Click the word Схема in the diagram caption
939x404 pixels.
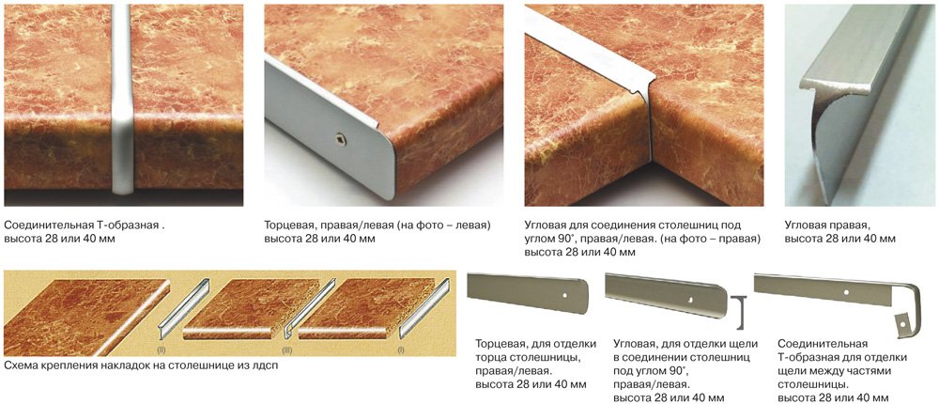tap(21, 365)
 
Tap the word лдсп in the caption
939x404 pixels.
tap(265, 365)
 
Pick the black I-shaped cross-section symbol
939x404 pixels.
tap(741, 312)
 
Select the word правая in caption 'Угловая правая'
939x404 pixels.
tap(853, 226)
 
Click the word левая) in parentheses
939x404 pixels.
tap(470, 226)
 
